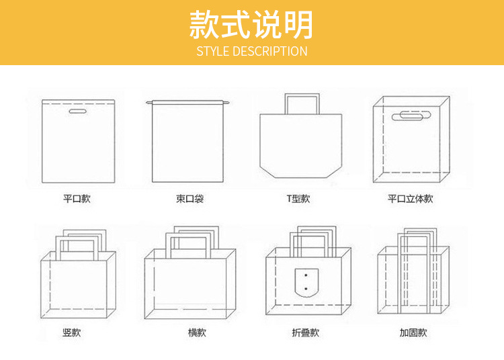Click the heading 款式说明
click(x=251, y=26)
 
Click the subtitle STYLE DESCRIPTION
click(x=252, y=51)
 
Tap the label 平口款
click(x=77, y=199)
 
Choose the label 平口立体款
click(x=410, y=199)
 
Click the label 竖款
click(x=72, y=332)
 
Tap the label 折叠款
click(x=306, y=332)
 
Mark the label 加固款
click(x=413, y=332)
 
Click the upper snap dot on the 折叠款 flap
click(x=306, y=275)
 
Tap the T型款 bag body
click(x=301, y=144)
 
